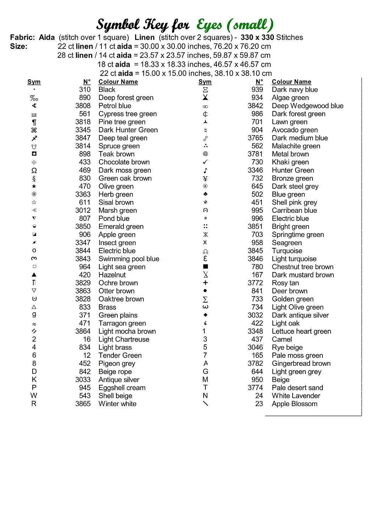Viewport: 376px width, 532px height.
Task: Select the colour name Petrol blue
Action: (x=115, y=106)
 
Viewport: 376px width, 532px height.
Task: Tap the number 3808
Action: (x=83, y=106)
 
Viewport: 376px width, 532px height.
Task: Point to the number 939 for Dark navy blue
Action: (x=257, y=90)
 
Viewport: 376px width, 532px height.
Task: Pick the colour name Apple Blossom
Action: (x=294, y=404)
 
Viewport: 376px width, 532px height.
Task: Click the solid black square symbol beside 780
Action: (x=205, y=267)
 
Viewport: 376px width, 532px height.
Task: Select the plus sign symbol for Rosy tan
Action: (x=205, y=283)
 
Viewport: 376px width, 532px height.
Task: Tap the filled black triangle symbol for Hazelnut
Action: (x=34, y=275)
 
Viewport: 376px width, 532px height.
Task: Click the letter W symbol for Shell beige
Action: (x=34, y=396)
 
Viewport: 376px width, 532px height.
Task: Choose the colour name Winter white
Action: (x=117, y=404)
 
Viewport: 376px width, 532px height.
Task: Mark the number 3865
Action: (x=83, y=404)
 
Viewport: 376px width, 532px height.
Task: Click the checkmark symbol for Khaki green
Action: (x=205, y=162)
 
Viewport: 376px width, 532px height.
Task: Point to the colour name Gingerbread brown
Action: (x=301, y=364)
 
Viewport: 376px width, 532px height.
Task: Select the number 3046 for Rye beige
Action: (x=255, y=348)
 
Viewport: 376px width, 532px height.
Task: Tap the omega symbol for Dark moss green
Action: (x=34, y=170)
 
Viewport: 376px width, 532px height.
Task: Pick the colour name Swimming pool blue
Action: (x=129, y=259)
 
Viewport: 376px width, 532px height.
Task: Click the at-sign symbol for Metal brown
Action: (x=205, y=154)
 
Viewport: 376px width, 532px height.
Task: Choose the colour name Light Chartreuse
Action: (x=124, y=339)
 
